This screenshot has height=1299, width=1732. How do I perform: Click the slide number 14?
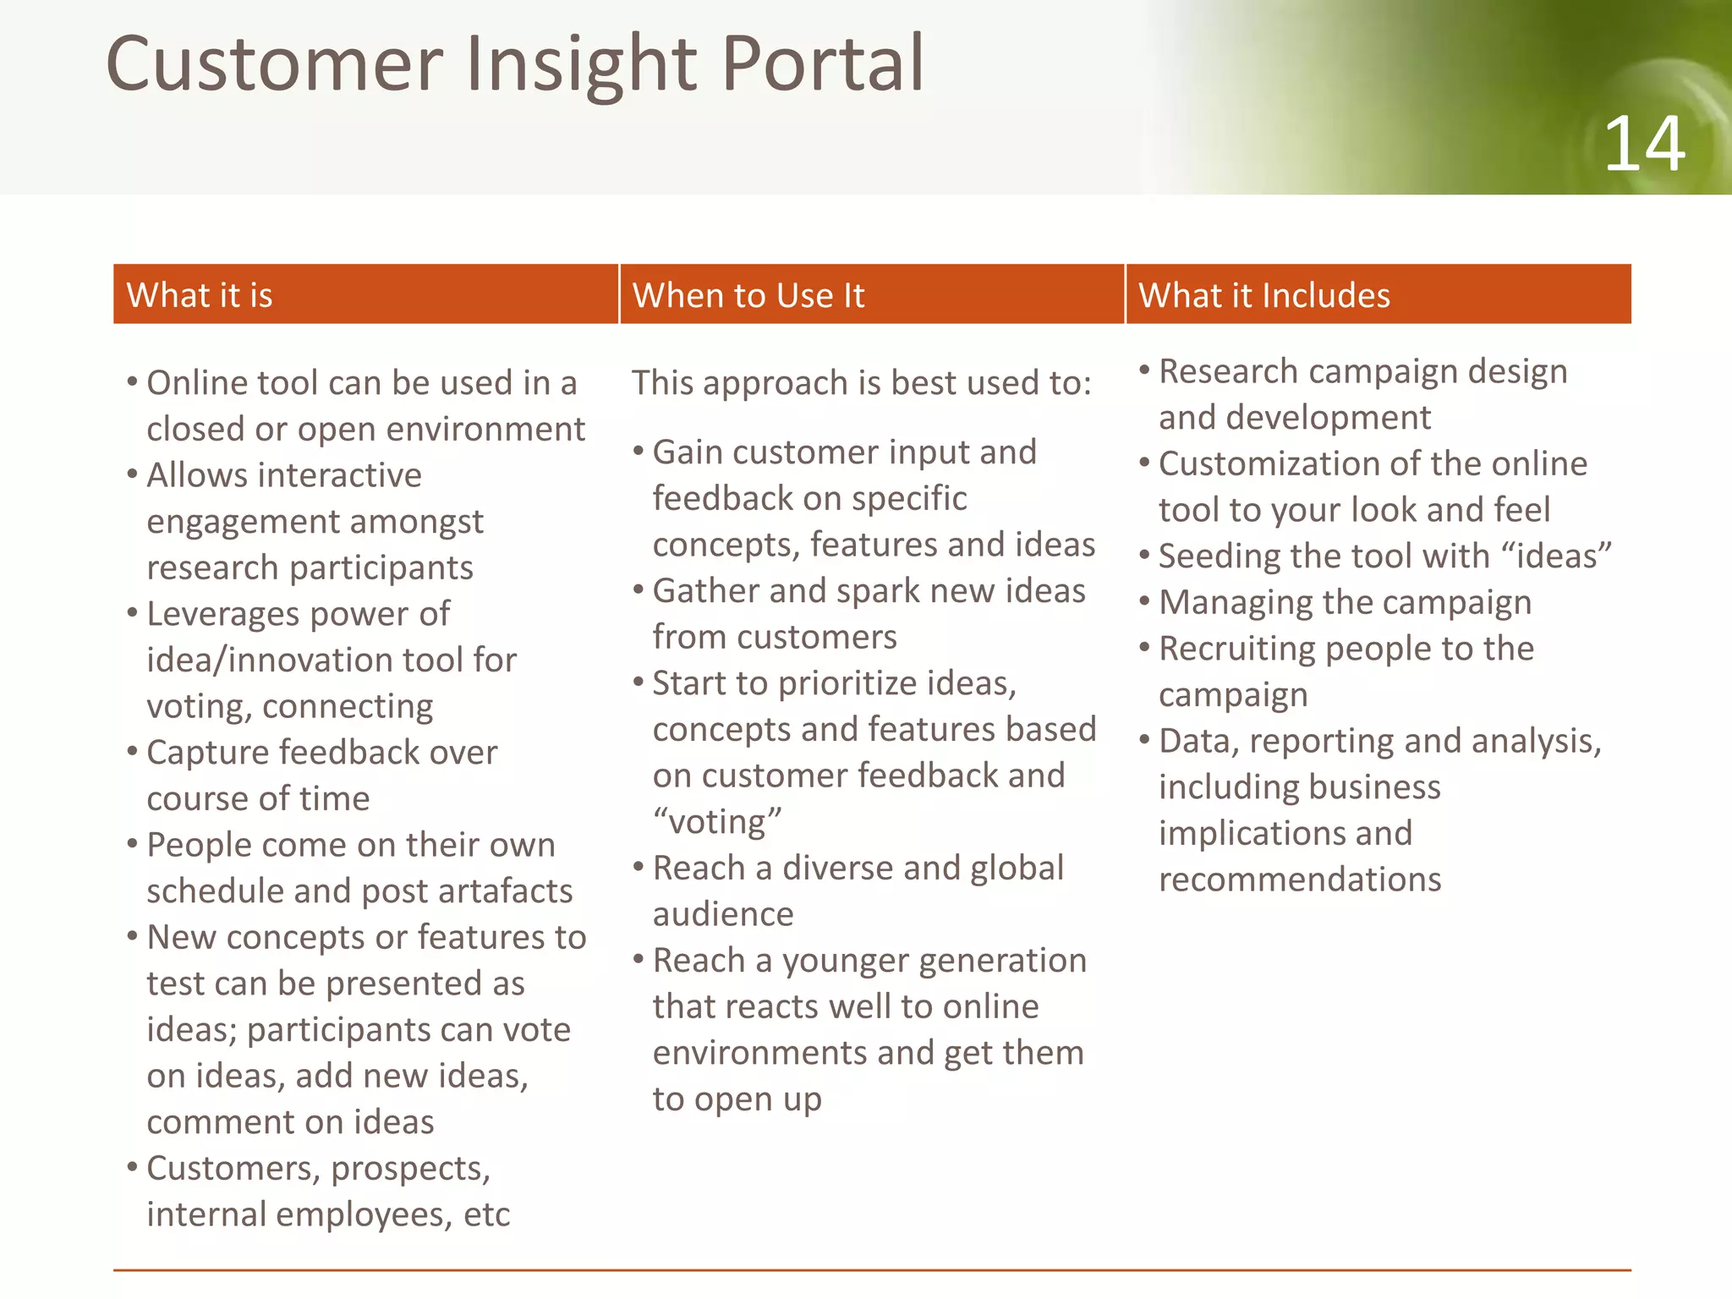(1644, 145)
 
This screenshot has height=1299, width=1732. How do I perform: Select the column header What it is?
(200, 295)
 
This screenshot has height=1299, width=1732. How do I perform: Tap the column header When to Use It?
(748, 295)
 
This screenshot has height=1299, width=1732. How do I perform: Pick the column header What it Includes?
(1263, 295)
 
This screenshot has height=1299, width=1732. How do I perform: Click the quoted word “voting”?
(717, 822)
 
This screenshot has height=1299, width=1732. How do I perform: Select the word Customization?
(1268, 464)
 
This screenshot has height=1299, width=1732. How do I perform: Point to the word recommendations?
(1299, 880)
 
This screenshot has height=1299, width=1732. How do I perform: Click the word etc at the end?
(486, 1215)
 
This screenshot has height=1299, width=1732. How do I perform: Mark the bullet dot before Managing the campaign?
(1144, 601)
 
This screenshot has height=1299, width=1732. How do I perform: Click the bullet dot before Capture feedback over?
(132, 751)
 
